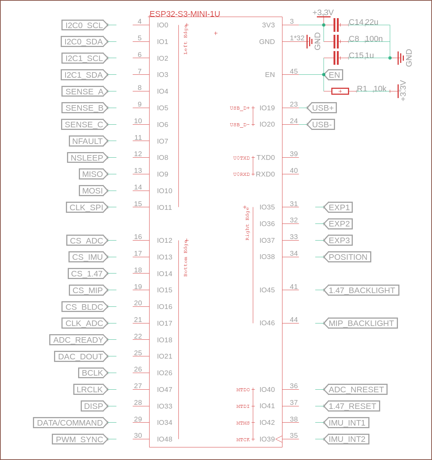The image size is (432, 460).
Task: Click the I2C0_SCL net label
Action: tap(84, 25)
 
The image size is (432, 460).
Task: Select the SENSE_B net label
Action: tap(84, 108)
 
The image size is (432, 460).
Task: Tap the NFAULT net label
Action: tap(88, 141)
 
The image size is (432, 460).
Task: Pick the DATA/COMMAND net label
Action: tap(70, 423)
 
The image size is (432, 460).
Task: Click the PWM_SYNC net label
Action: tap(80, 439)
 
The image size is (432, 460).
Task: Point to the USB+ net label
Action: tap(322, 108)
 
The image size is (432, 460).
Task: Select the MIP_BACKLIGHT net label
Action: tap(361, 323)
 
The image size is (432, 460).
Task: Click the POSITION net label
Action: tap(348, 257)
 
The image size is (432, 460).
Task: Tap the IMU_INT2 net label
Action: tap(346, 439)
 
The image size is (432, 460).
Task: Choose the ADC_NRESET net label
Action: tap(356, 389)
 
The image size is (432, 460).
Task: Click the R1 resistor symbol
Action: tap(340, 91)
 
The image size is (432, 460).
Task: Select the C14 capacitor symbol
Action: tap(336, 25)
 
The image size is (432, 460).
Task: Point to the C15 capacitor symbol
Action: tap(336, 58)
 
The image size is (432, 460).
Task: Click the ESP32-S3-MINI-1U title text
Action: tap(185, 14)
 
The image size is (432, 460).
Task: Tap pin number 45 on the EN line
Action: tap(294, 71)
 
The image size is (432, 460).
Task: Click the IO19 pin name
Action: tap(267, 108)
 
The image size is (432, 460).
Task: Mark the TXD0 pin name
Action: tap(265, 158)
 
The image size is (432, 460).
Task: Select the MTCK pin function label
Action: tap(243, 440)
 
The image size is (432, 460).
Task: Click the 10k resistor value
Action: tap(380, 88)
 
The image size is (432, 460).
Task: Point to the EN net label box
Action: tap(334, 75)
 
